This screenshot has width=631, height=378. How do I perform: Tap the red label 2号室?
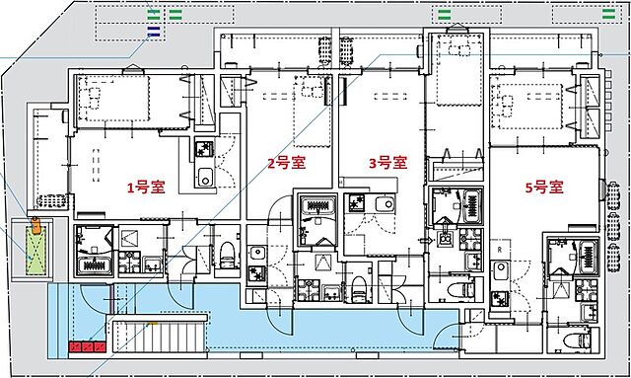click(x=285, y=164)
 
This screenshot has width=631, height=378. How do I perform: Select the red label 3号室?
click(x=387, y=164)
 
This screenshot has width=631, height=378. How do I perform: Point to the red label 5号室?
click(x=542, y=186)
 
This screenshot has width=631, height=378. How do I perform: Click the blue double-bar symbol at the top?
click(x=153, y=32)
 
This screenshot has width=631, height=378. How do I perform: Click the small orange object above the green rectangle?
click(x=36, y=223)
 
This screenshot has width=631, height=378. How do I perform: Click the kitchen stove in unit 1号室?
click(x=204, y=151)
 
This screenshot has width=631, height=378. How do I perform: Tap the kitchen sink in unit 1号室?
click(x=204, y=179)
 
